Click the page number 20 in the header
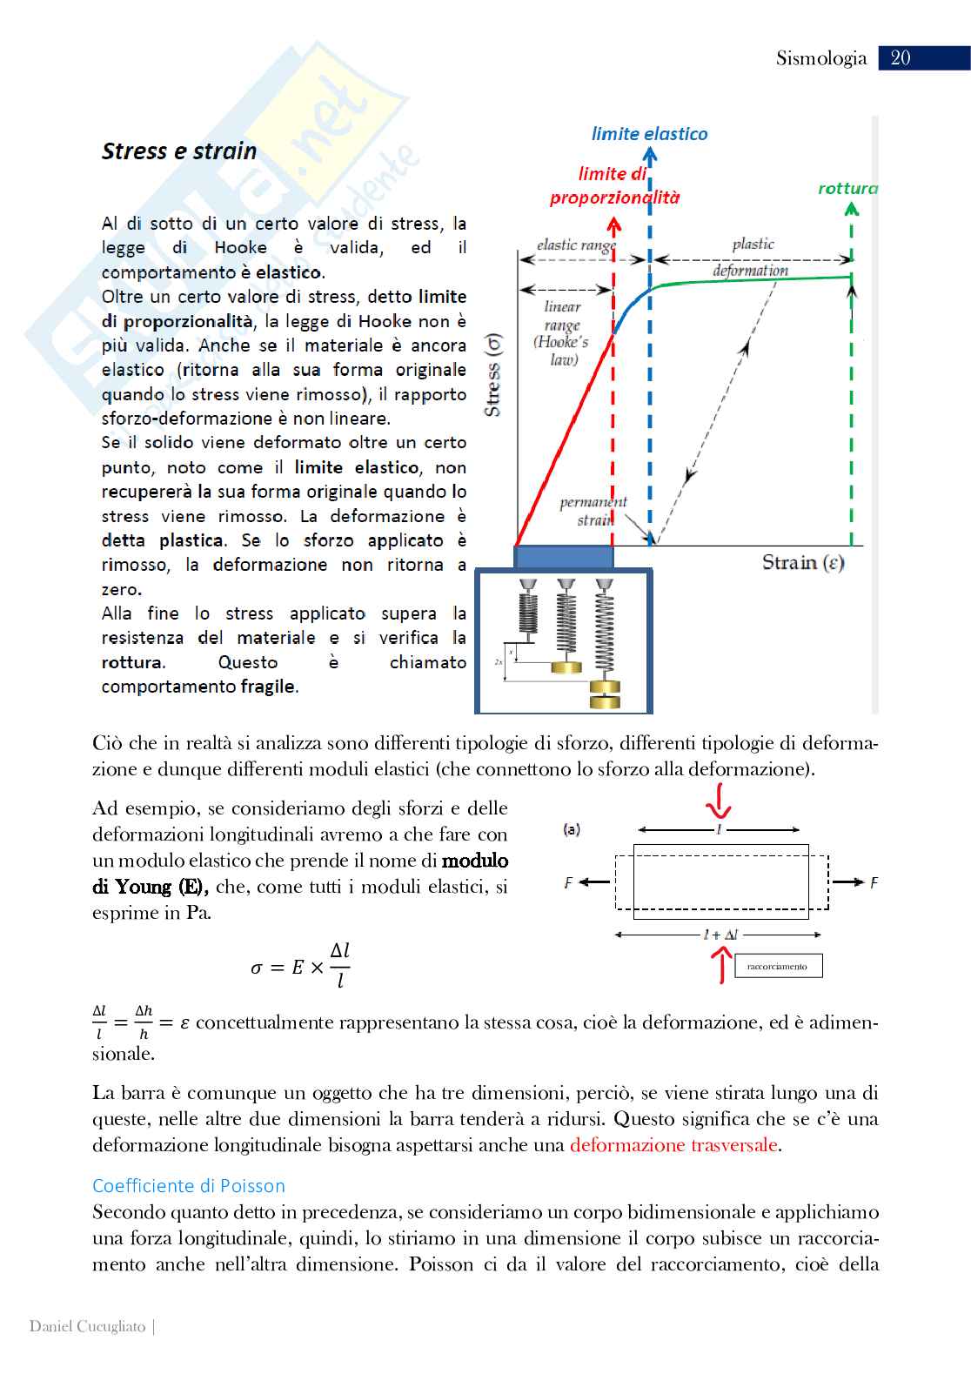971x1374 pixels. point(901,57)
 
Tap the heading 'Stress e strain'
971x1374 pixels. point(179,151)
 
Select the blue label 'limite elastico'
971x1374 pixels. point(649,134)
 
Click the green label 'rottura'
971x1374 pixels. point(847,188)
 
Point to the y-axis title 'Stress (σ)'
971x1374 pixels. point(492,375)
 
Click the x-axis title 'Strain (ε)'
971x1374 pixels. point(803,563)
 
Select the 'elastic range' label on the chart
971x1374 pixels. point(575,245)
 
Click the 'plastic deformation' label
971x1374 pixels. point(751,257)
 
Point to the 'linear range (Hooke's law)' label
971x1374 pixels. point(562,332)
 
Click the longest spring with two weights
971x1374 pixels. point(605,644)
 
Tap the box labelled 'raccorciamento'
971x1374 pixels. point(777,966)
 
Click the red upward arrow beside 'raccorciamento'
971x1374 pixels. point(720,964)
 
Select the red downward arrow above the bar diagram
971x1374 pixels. point(718,801)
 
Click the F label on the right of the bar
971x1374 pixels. point(874,882)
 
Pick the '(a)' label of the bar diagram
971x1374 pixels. point(572,829)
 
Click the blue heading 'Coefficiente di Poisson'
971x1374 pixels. point(189,1186)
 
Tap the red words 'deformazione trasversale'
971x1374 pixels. point(673,1145)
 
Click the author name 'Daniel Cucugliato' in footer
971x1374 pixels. point(87,1326)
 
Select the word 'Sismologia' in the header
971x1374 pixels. point(821,58)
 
